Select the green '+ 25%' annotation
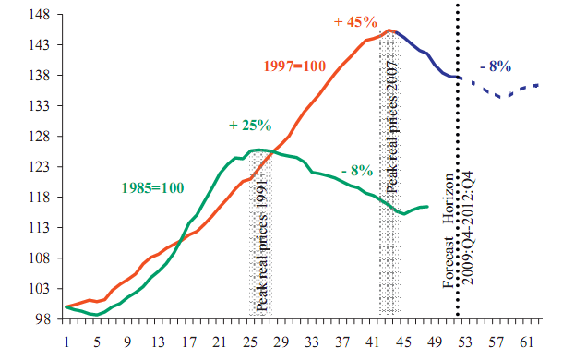[x=250, y=125]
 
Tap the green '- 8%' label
[x=355, y=170]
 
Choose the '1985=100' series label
[x=153, y=187]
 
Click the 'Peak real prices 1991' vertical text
[x=262, y=248]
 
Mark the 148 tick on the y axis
[x=42, y=14]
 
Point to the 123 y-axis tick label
[x=42, y=166]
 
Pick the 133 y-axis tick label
[x=42, y=105]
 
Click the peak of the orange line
[x=391, y=30]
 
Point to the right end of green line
[x=428, y=206]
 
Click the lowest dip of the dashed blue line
[x=502, y=96]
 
